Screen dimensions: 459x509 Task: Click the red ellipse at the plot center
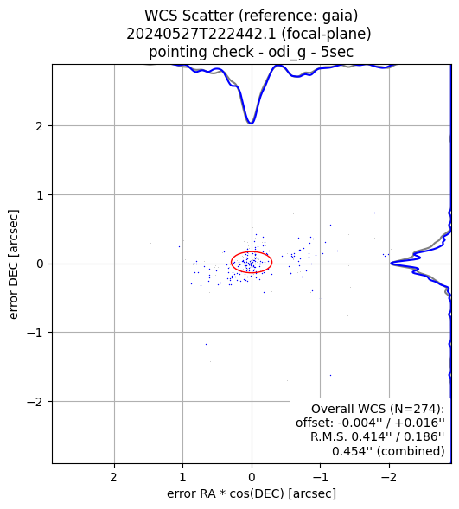point(231,263)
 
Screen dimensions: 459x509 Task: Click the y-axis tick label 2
point(39,126)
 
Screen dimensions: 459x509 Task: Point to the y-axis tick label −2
point(35,402)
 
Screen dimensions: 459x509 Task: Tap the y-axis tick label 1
point(40,195)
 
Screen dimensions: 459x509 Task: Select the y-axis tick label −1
point(35,333)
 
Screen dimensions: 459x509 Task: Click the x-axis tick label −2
point(389,477)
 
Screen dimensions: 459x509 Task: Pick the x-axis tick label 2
point(113,477)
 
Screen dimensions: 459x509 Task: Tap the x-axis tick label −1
point(320,477)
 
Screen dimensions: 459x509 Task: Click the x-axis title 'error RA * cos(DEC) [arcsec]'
point(252,493)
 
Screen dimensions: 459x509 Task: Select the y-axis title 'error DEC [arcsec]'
point(13,264)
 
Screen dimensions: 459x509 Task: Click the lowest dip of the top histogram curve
point(251,124)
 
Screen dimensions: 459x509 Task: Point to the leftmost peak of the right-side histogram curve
point(391,263)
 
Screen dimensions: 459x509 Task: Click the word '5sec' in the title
point(337,52)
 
